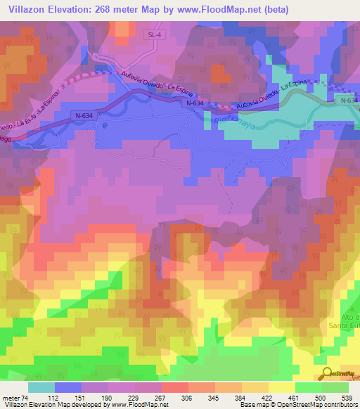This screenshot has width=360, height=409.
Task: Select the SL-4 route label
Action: point(155,34)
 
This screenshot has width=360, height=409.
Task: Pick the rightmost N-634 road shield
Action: point(347,100)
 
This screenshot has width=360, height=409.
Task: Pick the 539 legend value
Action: point(347,397)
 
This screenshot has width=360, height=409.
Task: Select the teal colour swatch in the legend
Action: point(41,387)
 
